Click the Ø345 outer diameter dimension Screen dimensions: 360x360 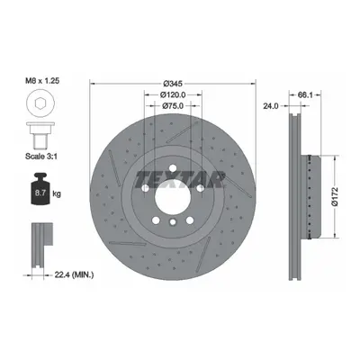coord(173,83)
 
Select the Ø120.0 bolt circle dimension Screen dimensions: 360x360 coord(173,94)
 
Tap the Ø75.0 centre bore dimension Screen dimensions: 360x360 coord(173,105)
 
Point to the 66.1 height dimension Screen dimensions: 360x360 coord(305,94)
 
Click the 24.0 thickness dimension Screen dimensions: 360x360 coord(271,105)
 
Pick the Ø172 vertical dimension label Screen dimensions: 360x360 coord(335,196)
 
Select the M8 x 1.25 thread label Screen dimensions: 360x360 coord(42,80)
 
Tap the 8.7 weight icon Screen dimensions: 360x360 coord(40,189)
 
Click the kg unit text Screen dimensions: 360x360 coord(57,193)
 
